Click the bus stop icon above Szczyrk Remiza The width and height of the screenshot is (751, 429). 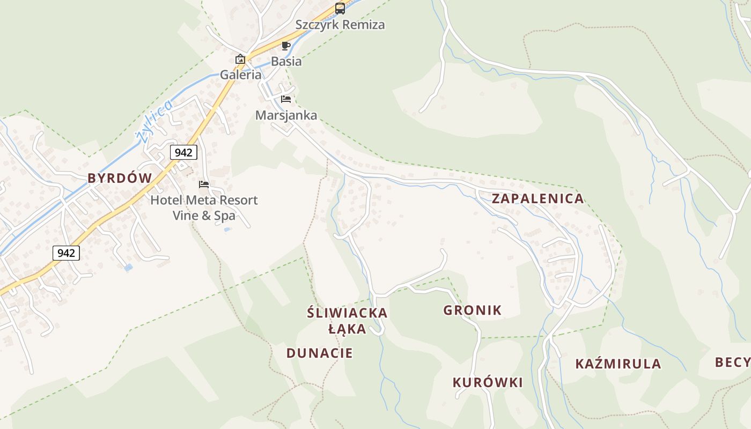click(x=340, y=9)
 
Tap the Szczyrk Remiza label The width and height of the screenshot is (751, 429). click(x=340, y=25)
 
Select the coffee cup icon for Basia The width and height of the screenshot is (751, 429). click(x=286, y=46)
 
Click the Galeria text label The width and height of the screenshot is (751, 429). click(x=241, y=75)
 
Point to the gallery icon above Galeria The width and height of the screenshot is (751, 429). click(x=240, y=59)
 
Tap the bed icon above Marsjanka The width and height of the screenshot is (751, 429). click(x=286, y=99)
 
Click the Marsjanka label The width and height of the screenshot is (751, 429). click(x=286, y=115)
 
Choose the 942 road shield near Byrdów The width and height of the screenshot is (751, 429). click(x=183, y=152)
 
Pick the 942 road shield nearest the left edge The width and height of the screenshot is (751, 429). click(x=66, y=253)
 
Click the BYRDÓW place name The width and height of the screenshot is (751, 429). click(x=120, y=179)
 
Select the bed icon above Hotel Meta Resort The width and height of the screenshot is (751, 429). click(x=204, y=184)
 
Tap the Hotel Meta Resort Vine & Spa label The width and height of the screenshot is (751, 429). click(x=204, y=208)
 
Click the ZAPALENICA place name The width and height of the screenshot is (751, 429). click(x=538, y=198)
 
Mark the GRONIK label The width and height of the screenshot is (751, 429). click(x=472, y=310)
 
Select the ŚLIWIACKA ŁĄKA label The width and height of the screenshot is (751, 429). click(x=347, y=321)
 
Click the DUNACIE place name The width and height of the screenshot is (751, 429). click(x=319, y=353)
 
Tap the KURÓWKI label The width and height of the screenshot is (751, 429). click(x=487, y=382)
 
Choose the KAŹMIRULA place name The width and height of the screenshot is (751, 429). click(x=618, y=364)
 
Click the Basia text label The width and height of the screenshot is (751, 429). click(x=286, y=61)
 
